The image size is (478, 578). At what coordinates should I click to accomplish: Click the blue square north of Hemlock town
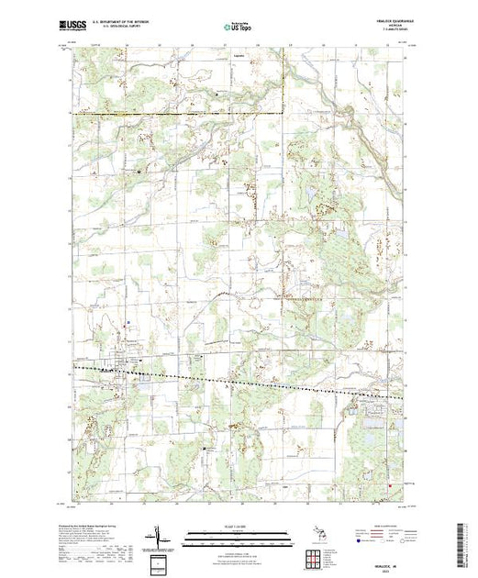(x=128, y=321)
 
